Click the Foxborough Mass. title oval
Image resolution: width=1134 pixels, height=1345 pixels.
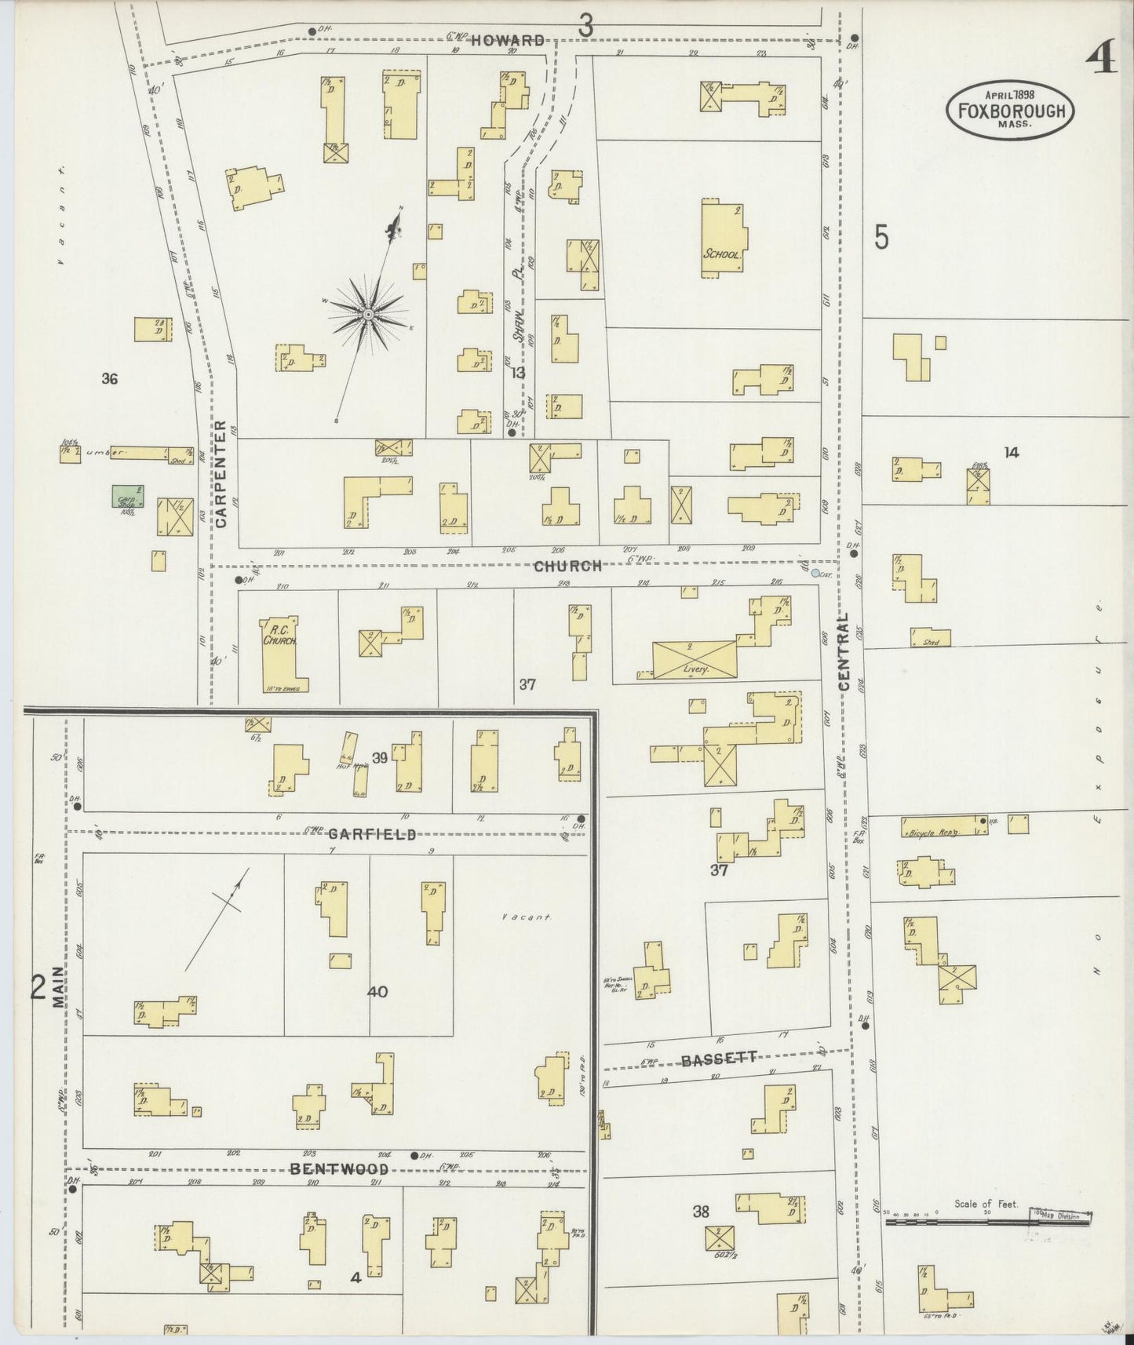tap(1010, 110)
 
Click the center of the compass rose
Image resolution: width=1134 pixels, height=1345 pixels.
tap(367, 314)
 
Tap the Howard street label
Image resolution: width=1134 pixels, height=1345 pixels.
tap(508, 41)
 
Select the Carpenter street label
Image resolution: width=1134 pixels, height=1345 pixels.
tap(221, 473)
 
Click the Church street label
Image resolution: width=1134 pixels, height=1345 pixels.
tap(567, 566)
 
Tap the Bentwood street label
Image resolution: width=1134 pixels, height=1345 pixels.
tap(339, 1169)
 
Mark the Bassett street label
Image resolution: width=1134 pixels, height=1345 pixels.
tap(719, 1059)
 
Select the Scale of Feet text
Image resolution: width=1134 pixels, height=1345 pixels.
tap(986, 1204)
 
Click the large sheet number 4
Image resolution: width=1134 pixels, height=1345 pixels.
tap(1102, 59)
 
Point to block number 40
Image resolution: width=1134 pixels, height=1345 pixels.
tap(377, 992)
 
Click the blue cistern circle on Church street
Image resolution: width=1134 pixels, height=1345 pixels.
tap(815, 574)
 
